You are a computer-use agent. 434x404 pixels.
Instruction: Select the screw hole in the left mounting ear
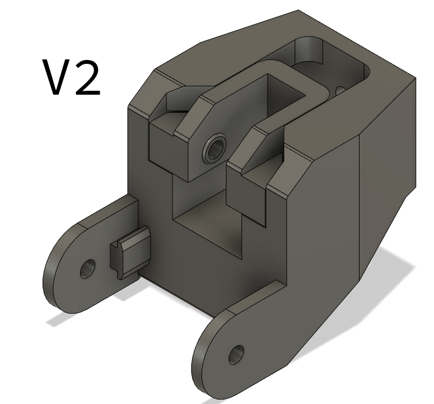click(x=87, y=270)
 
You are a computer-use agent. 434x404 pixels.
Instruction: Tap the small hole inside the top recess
click(x=340, y=90)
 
